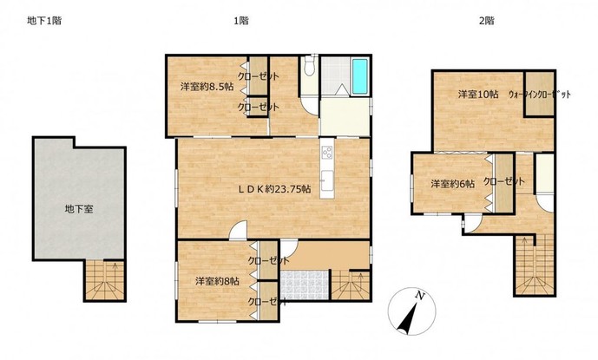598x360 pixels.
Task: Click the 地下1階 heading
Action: click(x=44, y=21)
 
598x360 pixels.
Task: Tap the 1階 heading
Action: click(x=241, y=21)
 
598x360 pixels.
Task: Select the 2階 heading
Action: click(x=487, y=21)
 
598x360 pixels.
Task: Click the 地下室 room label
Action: click(x=79, y=209)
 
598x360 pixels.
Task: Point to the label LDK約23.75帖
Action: click(x=274, y=189)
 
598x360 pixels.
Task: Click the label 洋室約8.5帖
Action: click(x=207, y=87)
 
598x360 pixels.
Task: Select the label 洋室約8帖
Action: click(x=217, y=281)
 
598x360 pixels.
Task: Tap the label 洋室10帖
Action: click(x=478, y=95)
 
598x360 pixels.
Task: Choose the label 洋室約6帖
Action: click(x=453, y=184)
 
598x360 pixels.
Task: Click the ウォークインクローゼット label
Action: click(x=539, y=95)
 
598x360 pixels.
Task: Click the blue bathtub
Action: click(x=359, y=75)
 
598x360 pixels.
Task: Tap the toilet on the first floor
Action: click(x=310, y=66)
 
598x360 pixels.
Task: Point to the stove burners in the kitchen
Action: click(x=327, y=153)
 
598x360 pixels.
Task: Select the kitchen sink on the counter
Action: click(x=327, y=181)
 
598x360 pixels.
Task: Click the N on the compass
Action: click(x=420, y=295)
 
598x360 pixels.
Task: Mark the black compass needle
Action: click(x=408, y=320)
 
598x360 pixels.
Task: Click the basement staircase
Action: click(x=104, y=280)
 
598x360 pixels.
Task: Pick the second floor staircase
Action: click(x=534, y=265)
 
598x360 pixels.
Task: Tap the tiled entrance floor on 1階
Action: click(x=305, y=285)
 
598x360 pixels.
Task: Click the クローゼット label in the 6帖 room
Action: click(x=504, y=181)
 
